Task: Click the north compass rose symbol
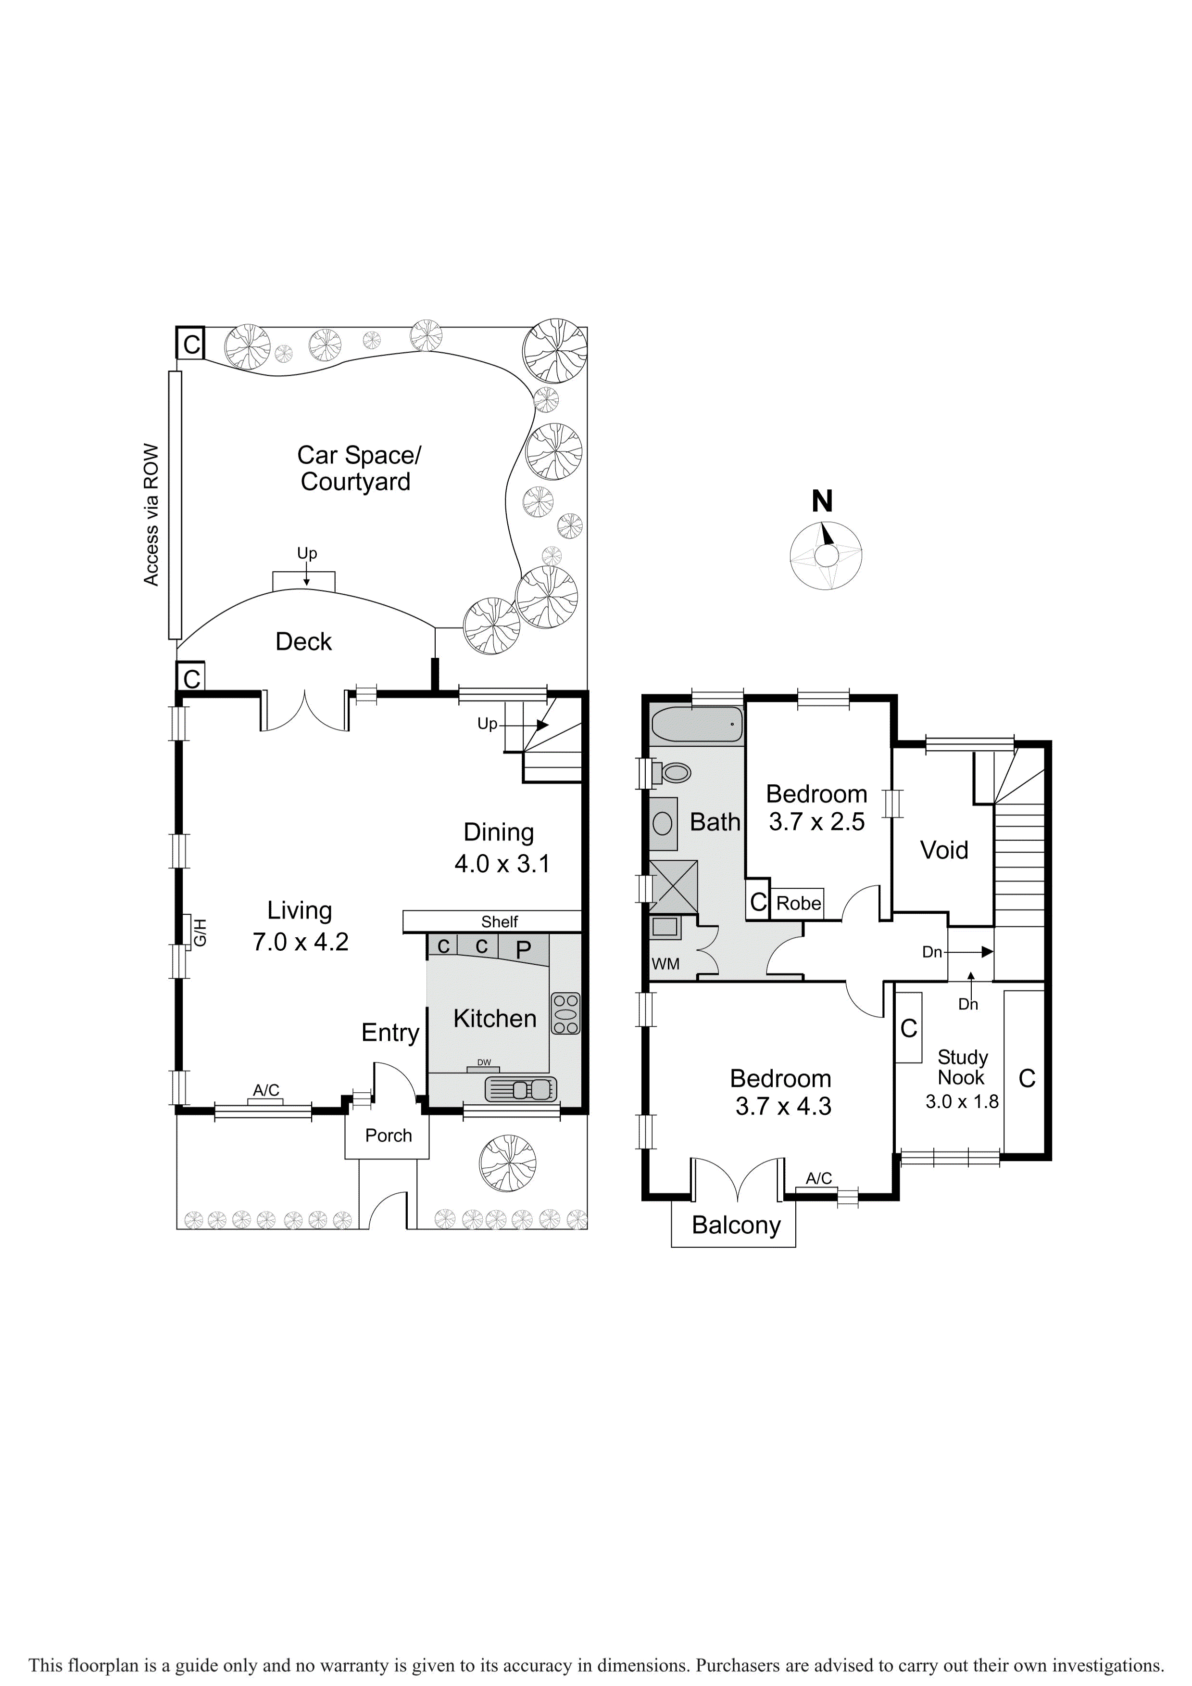[x=825, y=555]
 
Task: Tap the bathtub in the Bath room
[x=697, y=724]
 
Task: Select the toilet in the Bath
[x=672, y=772]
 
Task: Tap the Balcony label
[x=736, y=1226]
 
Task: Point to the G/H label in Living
[x=200, y=932]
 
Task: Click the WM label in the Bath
[x=666, y=964]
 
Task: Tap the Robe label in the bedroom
[x=799, y=903]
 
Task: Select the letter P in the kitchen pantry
[x=523, y=950]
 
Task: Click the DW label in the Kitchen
[x=484, y=1062]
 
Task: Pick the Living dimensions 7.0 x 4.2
[x=300, y=942]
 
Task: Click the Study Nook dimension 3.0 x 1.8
[x=962, y=1101]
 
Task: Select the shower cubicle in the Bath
[x=674, y=886]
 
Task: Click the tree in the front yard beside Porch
[x=507, y=1163]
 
